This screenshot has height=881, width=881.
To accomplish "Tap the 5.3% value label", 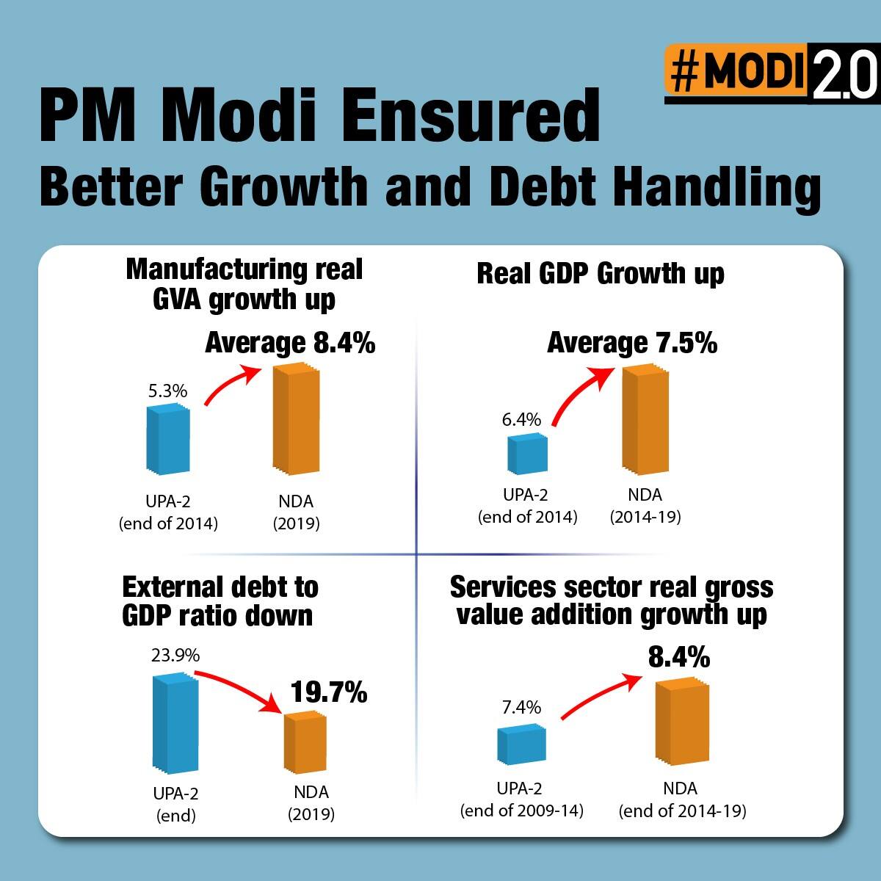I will point(167,391).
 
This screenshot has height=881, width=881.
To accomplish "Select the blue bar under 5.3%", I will point(168,438).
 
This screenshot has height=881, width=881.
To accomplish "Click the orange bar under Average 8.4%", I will point(297,419).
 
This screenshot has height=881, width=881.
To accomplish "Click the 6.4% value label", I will point(521,420).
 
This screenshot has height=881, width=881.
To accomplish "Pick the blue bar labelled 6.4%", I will point(528,453).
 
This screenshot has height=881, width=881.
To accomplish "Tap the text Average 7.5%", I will point(632,343).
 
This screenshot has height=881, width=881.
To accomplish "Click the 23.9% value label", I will point(175,655).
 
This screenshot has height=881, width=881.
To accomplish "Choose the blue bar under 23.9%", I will point(175,724).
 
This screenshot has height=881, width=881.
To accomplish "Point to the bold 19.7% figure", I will point(328,692).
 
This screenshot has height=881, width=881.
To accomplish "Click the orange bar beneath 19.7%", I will point(305,743).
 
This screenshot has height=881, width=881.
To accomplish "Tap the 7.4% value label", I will point(521,707).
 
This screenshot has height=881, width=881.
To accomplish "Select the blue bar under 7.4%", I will point(521,744).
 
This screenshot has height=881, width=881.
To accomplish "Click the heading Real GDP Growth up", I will point(600,274).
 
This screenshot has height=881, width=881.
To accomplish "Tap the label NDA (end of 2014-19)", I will point(681,800).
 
